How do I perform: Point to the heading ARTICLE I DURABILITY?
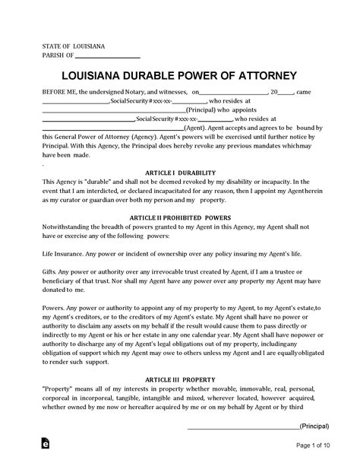180,173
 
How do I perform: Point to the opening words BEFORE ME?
59,91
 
